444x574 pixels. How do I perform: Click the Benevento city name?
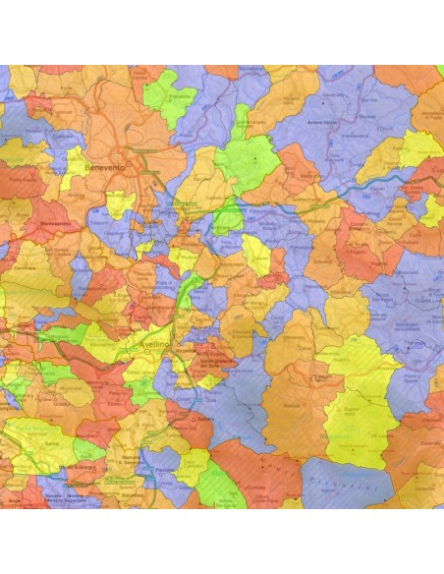coord(106,168)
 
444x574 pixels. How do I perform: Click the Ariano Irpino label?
coord(351,121)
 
